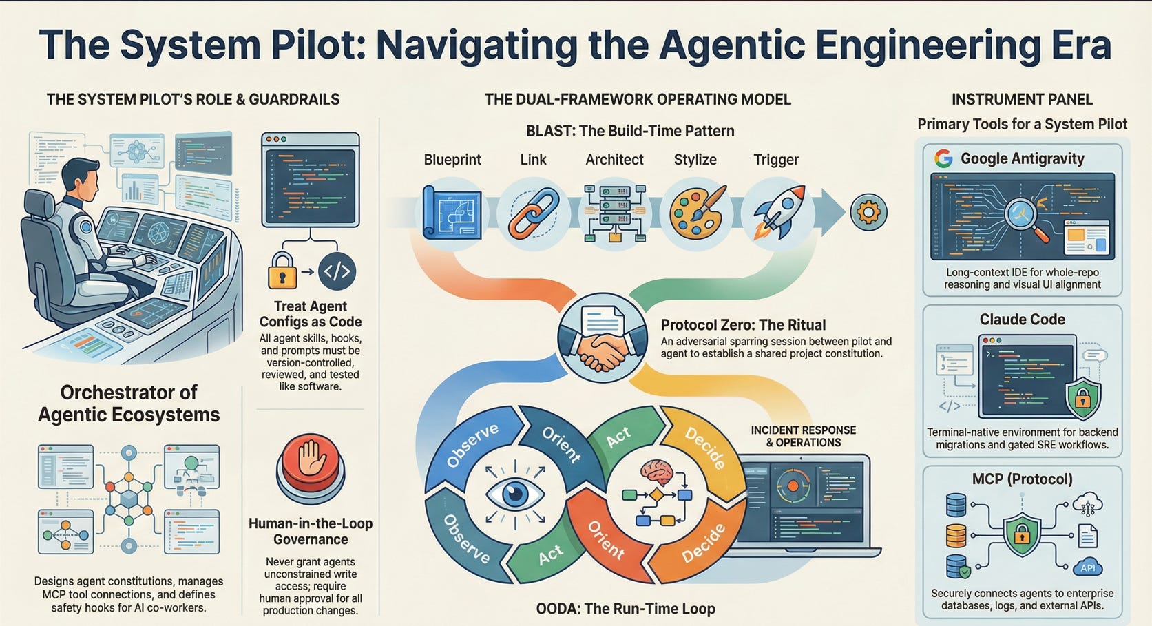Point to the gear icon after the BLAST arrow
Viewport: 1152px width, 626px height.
[868, 212]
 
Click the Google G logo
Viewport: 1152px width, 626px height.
[943, 159]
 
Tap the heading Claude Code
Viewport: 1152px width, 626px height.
[1022, 320]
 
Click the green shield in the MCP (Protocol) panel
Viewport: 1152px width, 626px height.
[1022, 537]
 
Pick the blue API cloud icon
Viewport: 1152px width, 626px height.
[1087, 566]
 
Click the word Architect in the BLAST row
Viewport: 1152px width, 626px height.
[614, 160]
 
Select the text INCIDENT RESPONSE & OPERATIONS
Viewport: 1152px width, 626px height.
[803, 436]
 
